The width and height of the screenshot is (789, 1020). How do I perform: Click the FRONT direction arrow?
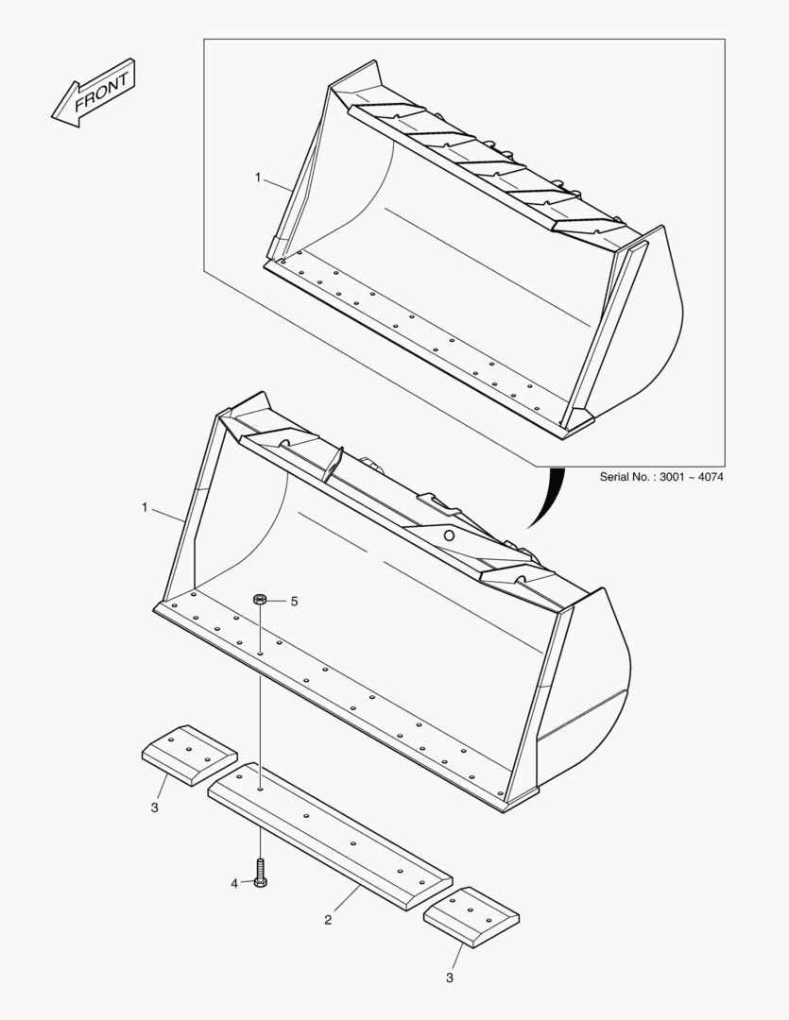pos(93,93)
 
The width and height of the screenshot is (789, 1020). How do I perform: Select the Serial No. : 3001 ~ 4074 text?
pos(661,477)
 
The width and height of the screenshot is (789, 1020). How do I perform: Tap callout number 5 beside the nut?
pos(294,602)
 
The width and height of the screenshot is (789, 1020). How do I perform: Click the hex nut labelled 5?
pos(260,600)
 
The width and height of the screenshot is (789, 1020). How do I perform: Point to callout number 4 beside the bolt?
pos(234,884)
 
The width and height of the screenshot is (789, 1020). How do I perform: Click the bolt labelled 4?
pos(260,875)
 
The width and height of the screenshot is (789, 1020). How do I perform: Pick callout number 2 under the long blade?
pos(328,920)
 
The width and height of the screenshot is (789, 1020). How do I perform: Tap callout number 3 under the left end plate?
pos(154,807)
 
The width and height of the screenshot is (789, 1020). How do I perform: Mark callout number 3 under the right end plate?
pos(450,977)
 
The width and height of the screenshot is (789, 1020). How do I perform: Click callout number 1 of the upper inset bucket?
pos(257,177)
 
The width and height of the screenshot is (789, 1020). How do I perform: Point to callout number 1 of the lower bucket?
pos(145,508)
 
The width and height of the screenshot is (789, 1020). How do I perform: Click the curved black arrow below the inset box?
pos(548,499)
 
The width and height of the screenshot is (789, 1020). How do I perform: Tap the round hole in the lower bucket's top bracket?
pos(449,535)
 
